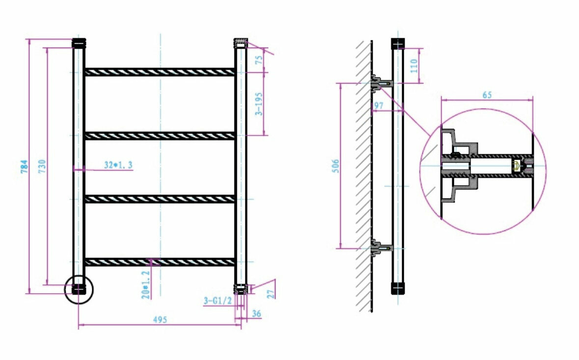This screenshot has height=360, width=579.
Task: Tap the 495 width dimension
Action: point(159,319)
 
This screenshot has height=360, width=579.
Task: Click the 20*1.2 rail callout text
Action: point(145,284)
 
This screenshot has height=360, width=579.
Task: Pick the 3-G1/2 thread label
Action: point(218,300)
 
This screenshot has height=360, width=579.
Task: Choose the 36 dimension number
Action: point(256,313)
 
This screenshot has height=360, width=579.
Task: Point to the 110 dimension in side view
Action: point(414,65)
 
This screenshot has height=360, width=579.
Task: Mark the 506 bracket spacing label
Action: point(335,166)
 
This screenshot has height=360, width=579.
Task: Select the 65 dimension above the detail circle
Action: point(487,95)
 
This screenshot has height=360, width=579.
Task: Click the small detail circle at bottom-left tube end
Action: point(79,289)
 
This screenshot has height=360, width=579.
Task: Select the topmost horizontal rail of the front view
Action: point(159,72)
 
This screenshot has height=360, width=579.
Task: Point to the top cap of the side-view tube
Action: point(398,43)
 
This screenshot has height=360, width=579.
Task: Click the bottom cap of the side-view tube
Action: point(398,288)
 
